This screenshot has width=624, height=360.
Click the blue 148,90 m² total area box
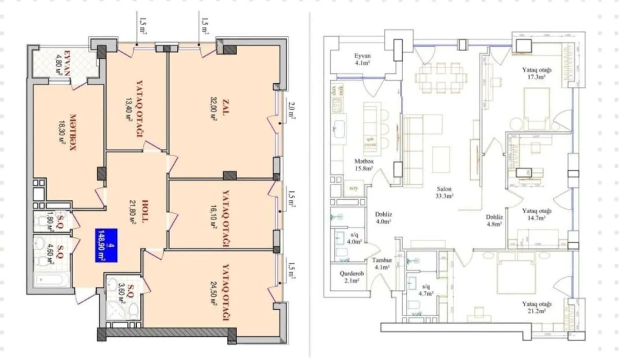[x=106, y=245]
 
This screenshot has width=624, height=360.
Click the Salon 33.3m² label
[x=443, y=193]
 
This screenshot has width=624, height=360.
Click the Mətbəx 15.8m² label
[x=364, y=165]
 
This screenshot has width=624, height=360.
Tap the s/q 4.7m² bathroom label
[x=425, y=290]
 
